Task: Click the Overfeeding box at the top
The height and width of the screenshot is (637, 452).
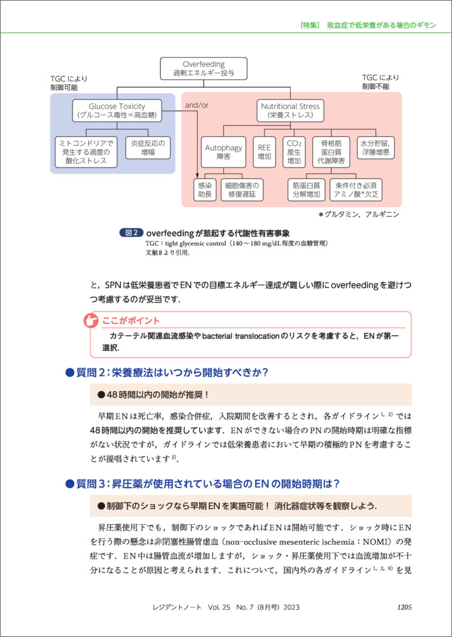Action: (203, 69)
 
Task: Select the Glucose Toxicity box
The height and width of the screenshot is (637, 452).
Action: (117, 110)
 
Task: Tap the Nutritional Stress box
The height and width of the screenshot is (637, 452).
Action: (290, 110)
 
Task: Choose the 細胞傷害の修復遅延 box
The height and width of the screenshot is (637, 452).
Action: (242, 190)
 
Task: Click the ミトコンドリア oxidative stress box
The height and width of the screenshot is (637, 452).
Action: (86, 153)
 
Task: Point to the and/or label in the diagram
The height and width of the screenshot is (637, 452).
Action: (196, 104)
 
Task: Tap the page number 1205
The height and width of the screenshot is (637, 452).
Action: (407, 607)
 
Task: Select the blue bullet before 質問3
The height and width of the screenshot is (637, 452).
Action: (70, 484)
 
